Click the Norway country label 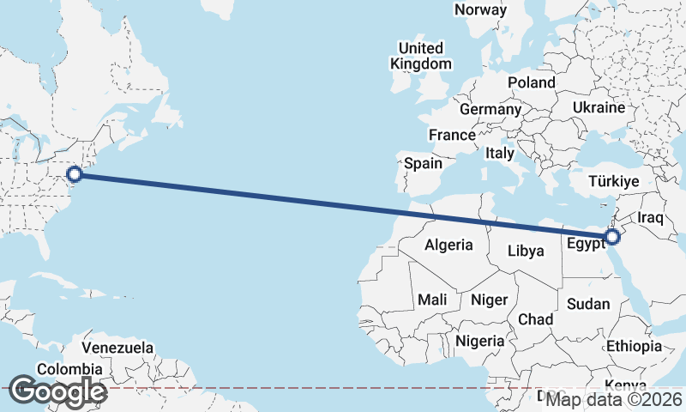(480, 9)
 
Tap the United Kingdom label (420, 56)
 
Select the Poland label (531, 82)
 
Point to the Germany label (490, 110)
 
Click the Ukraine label (599, 108)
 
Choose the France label (452, 135)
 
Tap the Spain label (423, 163)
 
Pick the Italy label (500, 153)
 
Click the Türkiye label (615, 182)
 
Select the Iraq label (651, 218)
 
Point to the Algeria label (448, 245)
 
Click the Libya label (526, 251)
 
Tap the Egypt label (586, 242)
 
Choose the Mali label (432, 300)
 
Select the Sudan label (589, 304)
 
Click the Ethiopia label (634, 346)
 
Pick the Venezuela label (118, 348)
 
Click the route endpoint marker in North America (75, 174)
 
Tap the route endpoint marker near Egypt (612, 237)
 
